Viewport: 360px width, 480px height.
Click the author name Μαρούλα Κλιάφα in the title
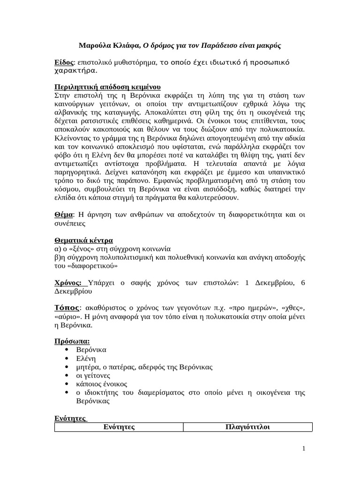click(109, 46)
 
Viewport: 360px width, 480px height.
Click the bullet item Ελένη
click(86, 359)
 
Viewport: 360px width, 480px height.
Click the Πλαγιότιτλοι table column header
click(247, 427)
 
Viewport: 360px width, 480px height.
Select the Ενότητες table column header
click(119, 427)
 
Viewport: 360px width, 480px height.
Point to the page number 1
click(304, 449)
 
